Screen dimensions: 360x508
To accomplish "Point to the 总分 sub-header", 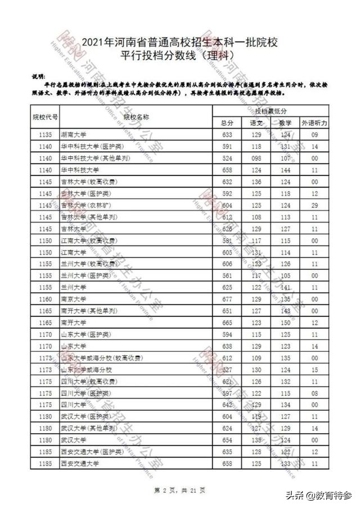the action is pyautogui.click(x=227, y=123).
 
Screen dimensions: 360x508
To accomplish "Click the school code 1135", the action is pyautogui.click(x=45, y=135).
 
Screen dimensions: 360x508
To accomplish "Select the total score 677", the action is pyautogui.click(x=227, y=299).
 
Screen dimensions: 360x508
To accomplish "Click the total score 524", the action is pyautogui.click(x=227, y=158).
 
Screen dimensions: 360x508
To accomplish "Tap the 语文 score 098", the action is pyautogui.click(x=256, y=158).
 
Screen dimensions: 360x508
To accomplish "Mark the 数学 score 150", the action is pyautogui.click(x=286, y=323).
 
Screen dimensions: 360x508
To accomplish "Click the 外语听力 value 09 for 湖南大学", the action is pyautogui.click(x=314, y=135).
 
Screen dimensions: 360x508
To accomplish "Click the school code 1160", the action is pyautogui.click(x=45, y=299).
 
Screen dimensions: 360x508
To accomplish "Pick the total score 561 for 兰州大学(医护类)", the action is pyautogui.click(x=227, y=276).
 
